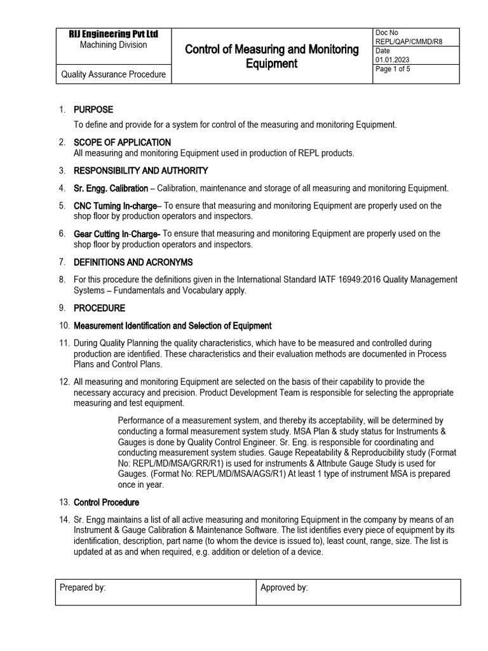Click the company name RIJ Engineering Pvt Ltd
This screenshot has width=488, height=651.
coord(113,34)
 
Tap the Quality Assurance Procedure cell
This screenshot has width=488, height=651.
coord(113,74)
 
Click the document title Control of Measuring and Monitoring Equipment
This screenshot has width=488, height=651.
coord(271,56)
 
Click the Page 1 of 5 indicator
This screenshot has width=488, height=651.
coord(393,69)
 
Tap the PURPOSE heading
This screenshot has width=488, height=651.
coord(93,109)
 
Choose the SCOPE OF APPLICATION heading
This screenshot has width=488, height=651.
coord(122,142)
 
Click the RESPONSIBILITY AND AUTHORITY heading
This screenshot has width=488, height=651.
coord(140,170)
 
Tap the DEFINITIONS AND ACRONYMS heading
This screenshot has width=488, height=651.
coord(133,262)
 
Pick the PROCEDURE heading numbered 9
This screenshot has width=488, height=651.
coord(100,308)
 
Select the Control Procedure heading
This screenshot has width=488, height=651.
coord(106,502)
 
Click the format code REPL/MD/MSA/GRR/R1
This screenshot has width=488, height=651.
coord(178,463)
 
